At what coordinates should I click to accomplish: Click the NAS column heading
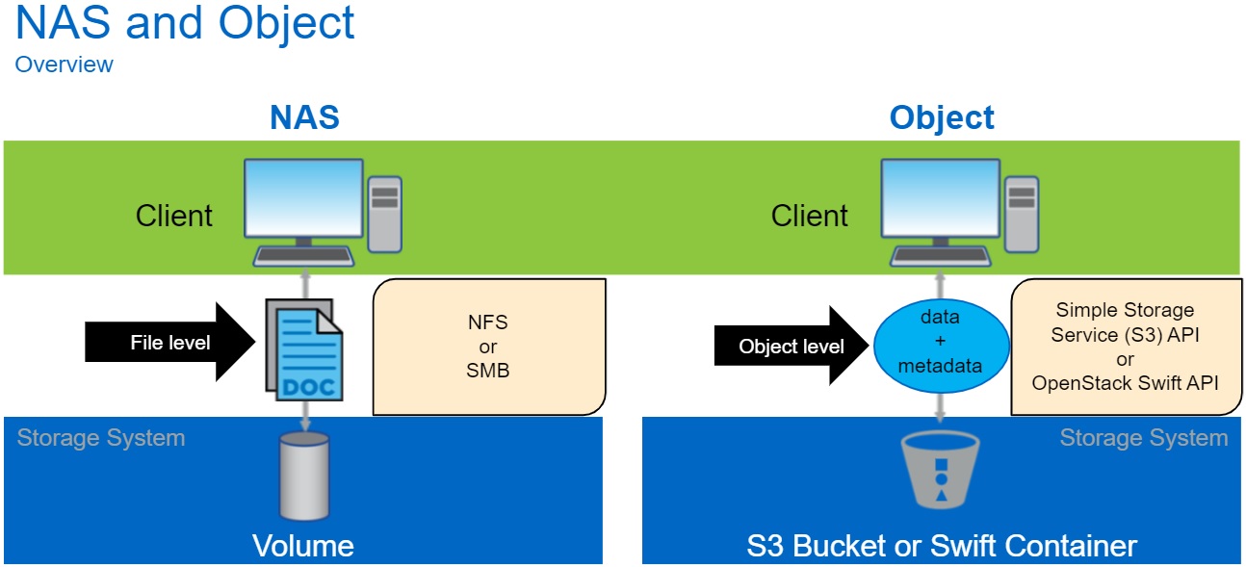coord(304,117)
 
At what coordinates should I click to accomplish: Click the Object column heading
coord(942,117)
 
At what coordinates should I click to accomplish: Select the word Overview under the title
coord(64,64)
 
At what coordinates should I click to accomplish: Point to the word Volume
coord(303,546)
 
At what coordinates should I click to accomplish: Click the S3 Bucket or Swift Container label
coord(942,546)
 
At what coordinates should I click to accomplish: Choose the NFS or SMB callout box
coord(488,347)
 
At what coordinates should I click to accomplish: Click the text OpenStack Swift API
coord(1125,382)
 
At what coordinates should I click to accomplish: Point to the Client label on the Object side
coord(810,215)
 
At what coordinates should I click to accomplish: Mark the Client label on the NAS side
coord(174,215)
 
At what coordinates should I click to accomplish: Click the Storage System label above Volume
coord(101,438)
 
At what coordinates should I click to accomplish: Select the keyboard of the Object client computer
coord(941,255)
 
